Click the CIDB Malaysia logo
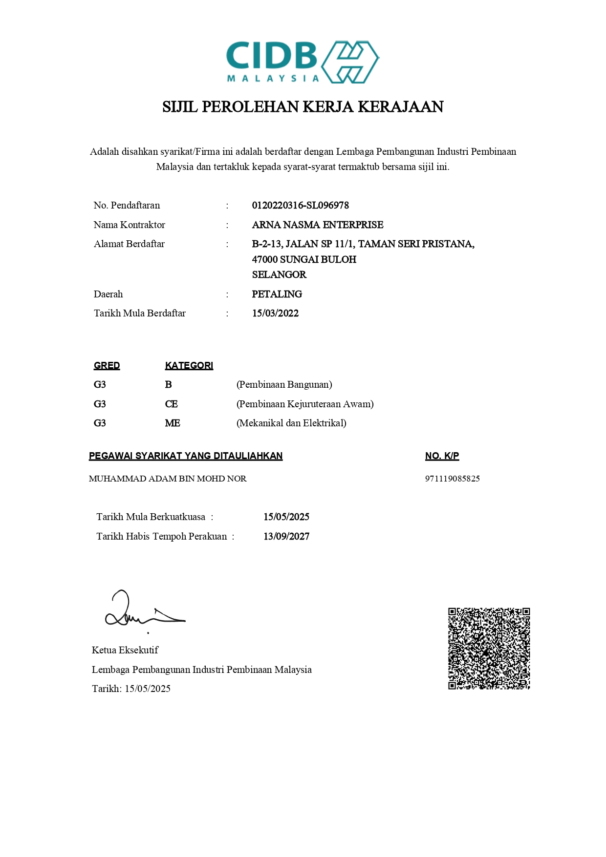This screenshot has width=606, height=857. (303, 62)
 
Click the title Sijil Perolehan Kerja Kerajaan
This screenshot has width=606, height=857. (303, 107)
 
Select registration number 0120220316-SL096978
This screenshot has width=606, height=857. (300, 206)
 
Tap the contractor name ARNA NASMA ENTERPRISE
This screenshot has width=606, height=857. (317, 225)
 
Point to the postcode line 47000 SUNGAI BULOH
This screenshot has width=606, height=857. (304, 259)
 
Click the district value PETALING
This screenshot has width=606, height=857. (277, 294)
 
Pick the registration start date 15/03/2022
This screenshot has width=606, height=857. (275, 314)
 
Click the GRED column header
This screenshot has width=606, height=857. (107, 366)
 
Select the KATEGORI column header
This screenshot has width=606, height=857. (189, 366)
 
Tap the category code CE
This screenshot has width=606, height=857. (171, 404)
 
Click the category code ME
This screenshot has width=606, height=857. (172, 423)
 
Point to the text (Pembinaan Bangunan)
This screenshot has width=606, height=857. (284, 385)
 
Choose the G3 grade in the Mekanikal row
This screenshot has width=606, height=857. (100, 423)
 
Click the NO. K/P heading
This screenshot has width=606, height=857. (442, 456)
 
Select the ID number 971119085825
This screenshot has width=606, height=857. (452, 479)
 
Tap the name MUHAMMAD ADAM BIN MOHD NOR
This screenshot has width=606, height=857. (168, 479)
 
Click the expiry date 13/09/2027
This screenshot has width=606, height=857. (286, 537)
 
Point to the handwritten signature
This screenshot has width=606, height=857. (142, 611)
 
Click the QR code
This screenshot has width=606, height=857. (489, 648)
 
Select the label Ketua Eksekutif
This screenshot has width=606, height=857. (125, 650)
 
